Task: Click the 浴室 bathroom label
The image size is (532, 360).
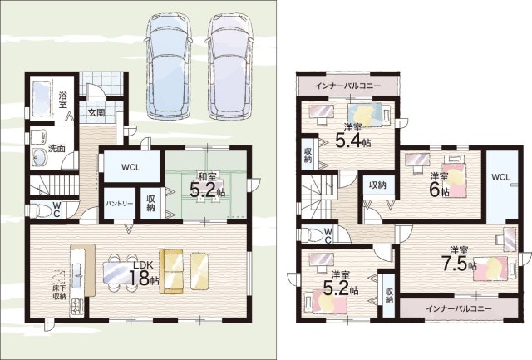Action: point(63,100)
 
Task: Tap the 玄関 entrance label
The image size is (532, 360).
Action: point(96,112)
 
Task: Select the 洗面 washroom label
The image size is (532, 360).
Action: point(57,148)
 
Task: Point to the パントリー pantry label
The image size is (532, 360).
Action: point(119,204)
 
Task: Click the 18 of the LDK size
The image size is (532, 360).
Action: point(140,278)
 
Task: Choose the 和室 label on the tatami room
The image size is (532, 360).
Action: point(207,177)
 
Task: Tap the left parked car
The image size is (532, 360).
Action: point(167,67)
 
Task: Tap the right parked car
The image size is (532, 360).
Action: point(230,67)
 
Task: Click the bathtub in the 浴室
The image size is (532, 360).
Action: point(41,97)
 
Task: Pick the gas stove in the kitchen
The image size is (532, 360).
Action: point(76,308)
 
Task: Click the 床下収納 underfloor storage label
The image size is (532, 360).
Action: point(59,293)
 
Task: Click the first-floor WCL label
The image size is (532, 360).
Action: point(131,168)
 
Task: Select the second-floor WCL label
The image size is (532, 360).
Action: point(500,177)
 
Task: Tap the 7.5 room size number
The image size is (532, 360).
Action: point(454,264)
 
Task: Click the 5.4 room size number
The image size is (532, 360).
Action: point(348,140)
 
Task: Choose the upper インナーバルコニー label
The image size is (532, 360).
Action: point(347,86)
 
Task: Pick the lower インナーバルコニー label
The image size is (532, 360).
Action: point(459,308)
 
